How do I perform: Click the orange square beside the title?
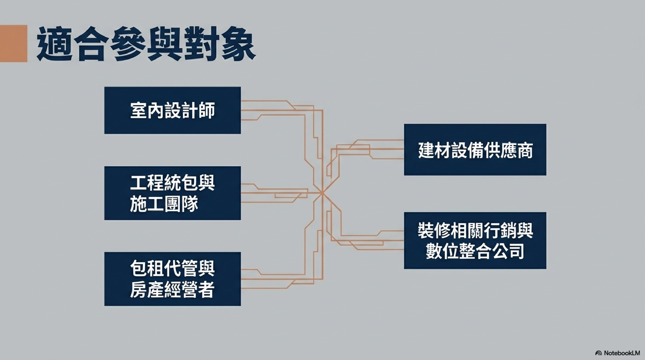(14, 43)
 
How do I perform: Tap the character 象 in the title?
(239, 44)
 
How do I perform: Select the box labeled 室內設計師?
(173, 110)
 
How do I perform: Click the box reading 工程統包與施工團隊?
(173, 193)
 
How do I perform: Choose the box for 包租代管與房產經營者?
(173, 279)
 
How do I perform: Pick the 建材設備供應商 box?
(475, 150)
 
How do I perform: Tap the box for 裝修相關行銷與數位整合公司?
(475, 241)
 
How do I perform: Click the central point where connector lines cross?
(322, 193)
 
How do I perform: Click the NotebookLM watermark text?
(622, 353)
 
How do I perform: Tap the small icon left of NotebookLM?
(599, 353)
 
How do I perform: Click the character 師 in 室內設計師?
(206, 111)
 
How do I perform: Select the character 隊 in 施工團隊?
(190, 204)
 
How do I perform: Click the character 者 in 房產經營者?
(206, 290)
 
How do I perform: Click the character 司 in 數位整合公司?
(516, 251)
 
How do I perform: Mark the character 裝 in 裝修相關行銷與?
(426, 230)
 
